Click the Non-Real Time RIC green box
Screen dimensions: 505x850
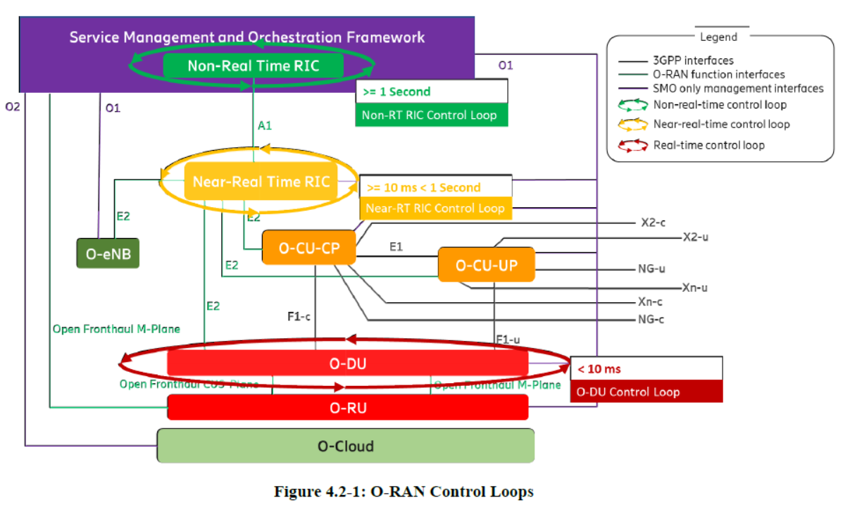pyautogui.click(x=253, y=66)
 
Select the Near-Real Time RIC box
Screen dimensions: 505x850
pyautogui.click(x=261, y=182)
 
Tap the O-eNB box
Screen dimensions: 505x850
pyautogui.click(x=108, y=254)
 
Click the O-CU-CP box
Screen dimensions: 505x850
pyautogui.click(x=308, y=248)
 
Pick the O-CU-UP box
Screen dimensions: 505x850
pyautogui.click(x=486, y=265)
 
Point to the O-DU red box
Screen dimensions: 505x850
pyautogui.click(x=347, y=363)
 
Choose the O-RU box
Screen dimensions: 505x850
pyautogui.click(x=347, y=408)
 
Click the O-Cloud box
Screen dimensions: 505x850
pyautogui.click(x=345, y=446)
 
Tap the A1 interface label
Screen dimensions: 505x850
pyautogui.click(x=265, y=125)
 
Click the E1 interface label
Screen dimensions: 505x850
pyautogui.click(x=396, y=247)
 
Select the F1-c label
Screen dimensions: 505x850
pyautogui.click(x=299, y=317)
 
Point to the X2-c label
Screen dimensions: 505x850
pyautogui.click(x=654, y=223)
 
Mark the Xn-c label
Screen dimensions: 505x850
pyautogui.click(x=653, y=302)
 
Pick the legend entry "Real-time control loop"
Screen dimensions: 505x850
pyautogui.click(x=708, y=145)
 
